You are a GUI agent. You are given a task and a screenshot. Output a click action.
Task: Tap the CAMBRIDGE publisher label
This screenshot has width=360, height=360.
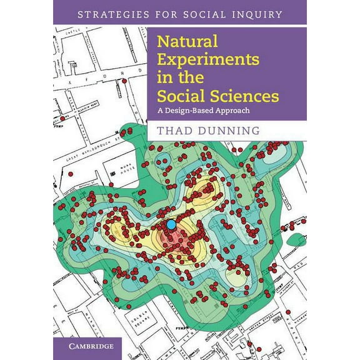tap(86, 345)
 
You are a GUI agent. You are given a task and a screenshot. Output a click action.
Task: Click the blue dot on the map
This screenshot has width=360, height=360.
tap(171, 224)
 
